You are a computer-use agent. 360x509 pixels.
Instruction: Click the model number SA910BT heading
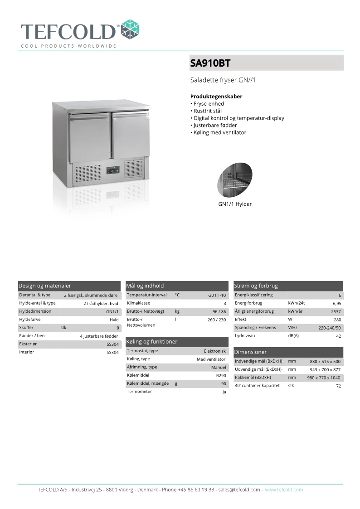pyautogui.click(x=210, y=63)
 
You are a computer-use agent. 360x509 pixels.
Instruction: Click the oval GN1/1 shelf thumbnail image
pyautogui.click(x=235, y=178)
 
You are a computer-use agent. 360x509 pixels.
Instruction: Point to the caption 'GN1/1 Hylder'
pyautogui.click(x=235, y=204)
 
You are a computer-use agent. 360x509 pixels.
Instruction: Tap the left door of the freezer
pyautogui.click(x=90, y=137)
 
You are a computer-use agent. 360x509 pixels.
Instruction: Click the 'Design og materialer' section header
pyautogui.click(x=45, y=286)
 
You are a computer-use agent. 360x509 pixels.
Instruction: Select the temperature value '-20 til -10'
pyautogui.click(x=216, y=295)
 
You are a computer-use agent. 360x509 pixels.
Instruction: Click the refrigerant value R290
pyautogui.click(x=221, y=375)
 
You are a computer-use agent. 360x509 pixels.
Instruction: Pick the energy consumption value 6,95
pyautogui.click(x=336, y=303)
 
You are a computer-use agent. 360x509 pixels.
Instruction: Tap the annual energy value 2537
pyautogui.click(x=336, y=311)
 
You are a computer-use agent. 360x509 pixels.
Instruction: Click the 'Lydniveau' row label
pyautogui.click(x=244, y=335)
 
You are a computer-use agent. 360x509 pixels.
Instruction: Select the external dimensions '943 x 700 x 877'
pyautogui.click(x=325, y=369)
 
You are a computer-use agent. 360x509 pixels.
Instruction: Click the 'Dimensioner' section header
pyautogui.click(x=250, y=352)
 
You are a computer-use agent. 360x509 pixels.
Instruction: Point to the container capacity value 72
pyautogui.click(x=338, y=386)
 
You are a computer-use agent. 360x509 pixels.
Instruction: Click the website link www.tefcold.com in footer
pyautogui.click(x=284, y=490)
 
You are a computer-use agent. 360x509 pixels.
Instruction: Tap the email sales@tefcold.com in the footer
pyautogui.click(x=239, y=490)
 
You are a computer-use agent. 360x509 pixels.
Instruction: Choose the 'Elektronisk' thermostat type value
pyautogui.click(x=214, y=351)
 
